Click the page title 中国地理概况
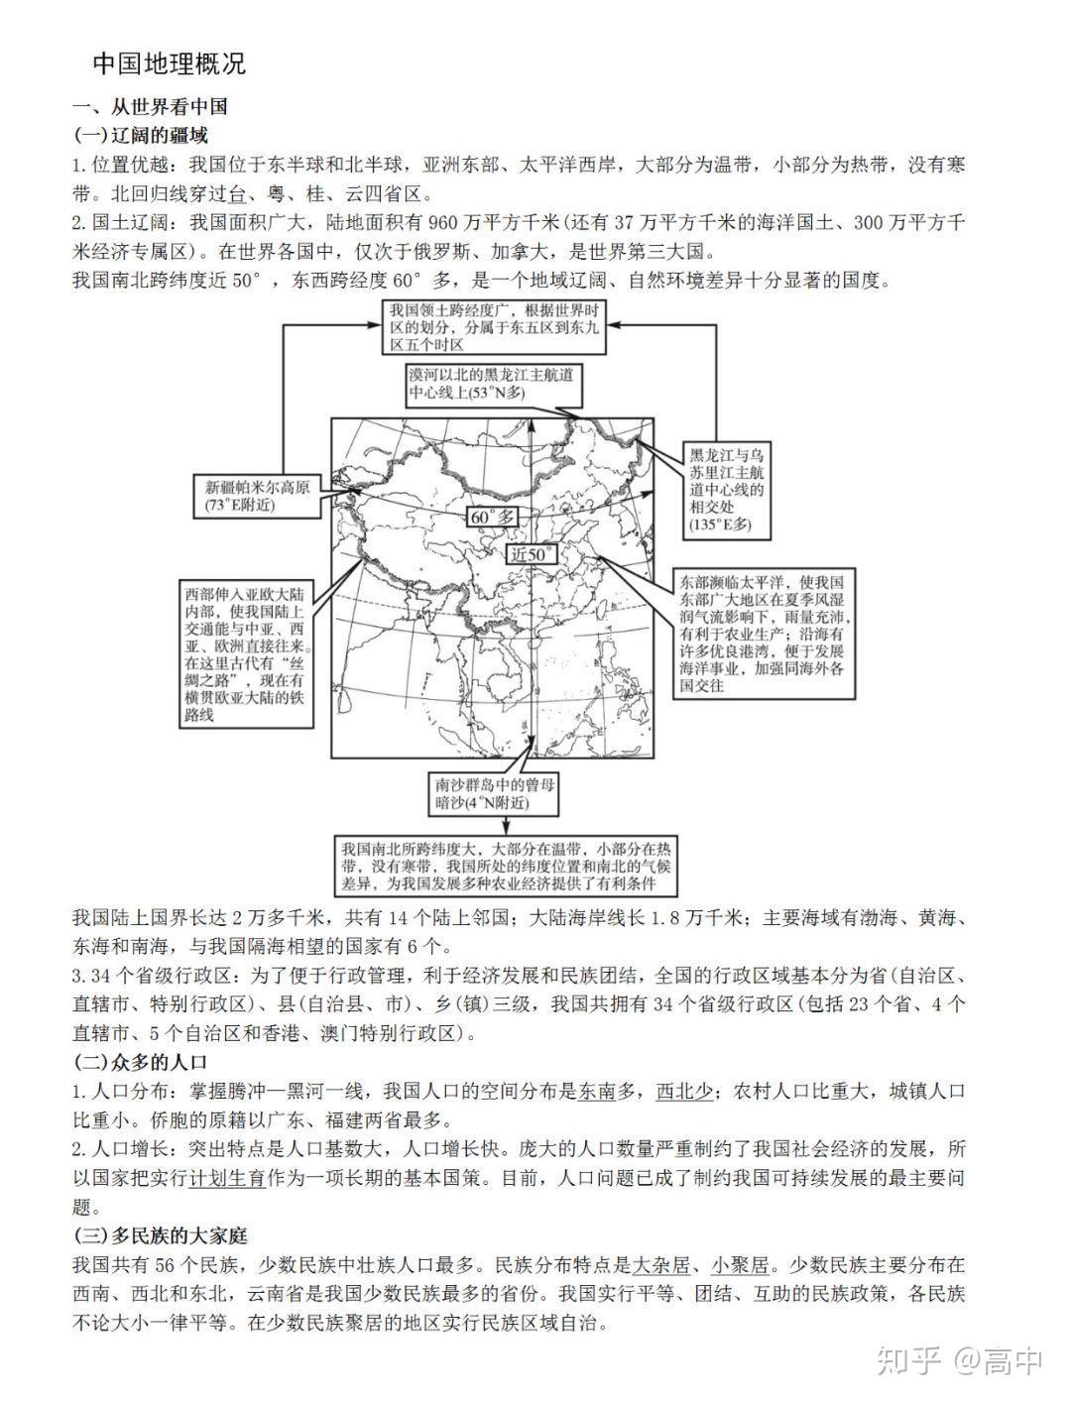(x=169, y=64)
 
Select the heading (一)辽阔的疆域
(x=140, y=135)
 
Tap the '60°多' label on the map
(x=493, y=517)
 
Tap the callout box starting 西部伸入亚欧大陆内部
(x=245, y=653)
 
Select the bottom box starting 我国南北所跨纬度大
(x=506, y=866)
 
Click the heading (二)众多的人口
(x=140, y=1062)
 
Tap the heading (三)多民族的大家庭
(x=160, y=1235)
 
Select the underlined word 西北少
(x=683, y=1091)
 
